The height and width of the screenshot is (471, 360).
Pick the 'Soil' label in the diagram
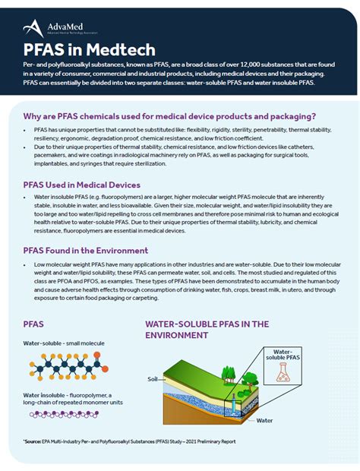153,377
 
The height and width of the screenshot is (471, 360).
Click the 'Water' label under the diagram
264,419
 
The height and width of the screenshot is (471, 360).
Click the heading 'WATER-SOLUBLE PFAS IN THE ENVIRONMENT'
207,329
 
